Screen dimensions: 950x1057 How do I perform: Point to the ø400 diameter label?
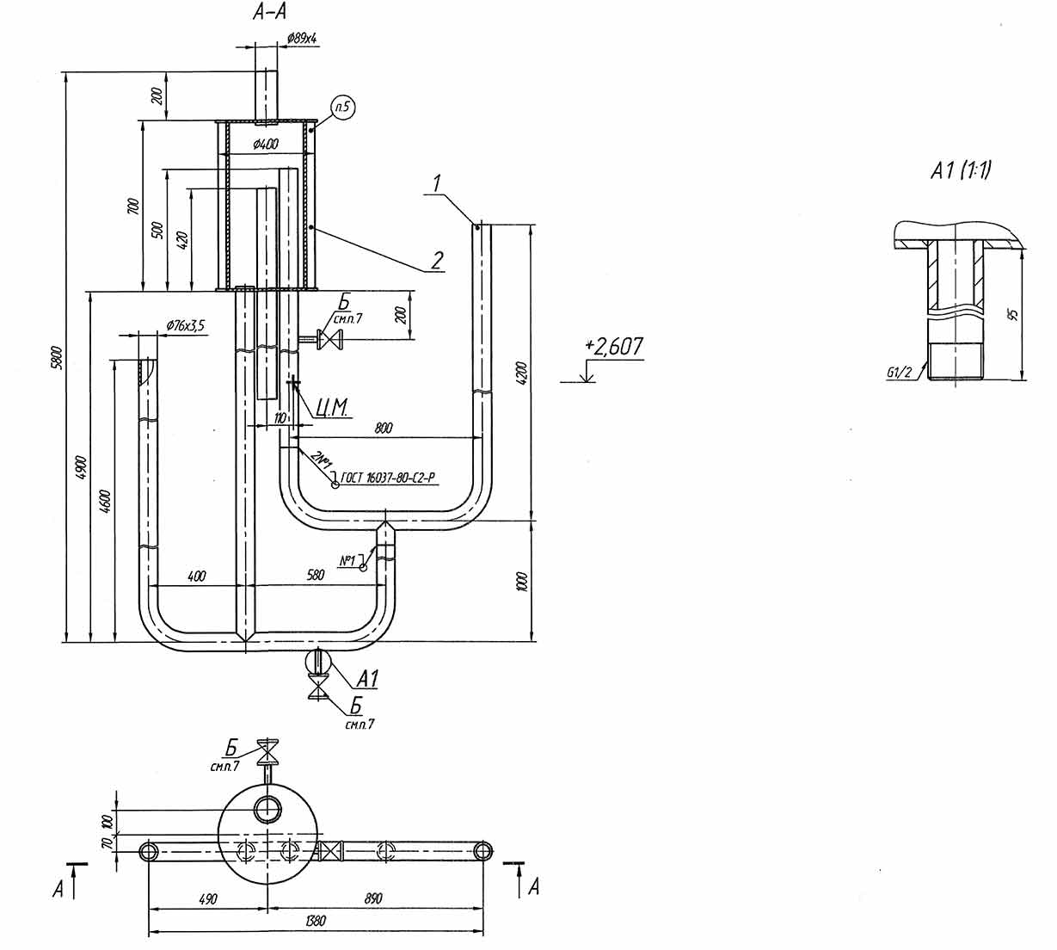tap(266, 145)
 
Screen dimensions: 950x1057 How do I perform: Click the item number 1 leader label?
tap(438, 183)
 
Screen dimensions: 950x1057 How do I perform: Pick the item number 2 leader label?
tap(438, 260)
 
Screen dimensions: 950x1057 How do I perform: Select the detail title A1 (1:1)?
tap(961, 171)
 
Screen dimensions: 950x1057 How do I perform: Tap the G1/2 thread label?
tap(902, 373)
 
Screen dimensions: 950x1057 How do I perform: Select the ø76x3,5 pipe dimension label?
tap(186, 325)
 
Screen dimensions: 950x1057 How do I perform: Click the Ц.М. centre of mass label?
tap(326, 407)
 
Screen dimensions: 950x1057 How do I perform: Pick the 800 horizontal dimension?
tap(384, 428)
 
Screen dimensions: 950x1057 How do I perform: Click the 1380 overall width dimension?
tap(316, 921)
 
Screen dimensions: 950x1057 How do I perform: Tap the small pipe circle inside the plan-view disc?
tap(267, 809)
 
